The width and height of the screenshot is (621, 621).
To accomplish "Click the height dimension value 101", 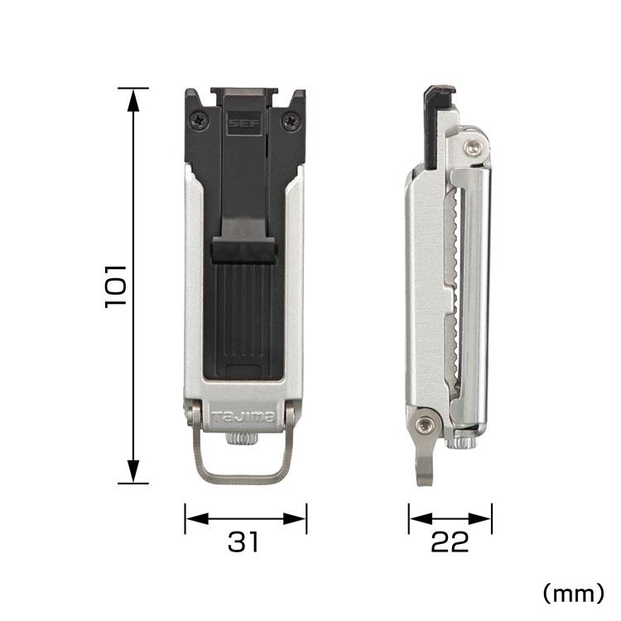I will coord(115,286).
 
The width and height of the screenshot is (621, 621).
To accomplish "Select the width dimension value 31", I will coord(244,542).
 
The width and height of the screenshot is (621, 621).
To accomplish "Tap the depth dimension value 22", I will coord(450,542).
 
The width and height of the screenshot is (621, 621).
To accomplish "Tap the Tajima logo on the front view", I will coord(243,417).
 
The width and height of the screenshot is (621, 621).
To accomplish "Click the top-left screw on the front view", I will coord(199,121).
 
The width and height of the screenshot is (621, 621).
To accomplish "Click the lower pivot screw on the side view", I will coord(426,426).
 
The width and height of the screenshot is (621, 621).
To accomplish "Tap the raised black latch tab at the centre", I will coord(243,249).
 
